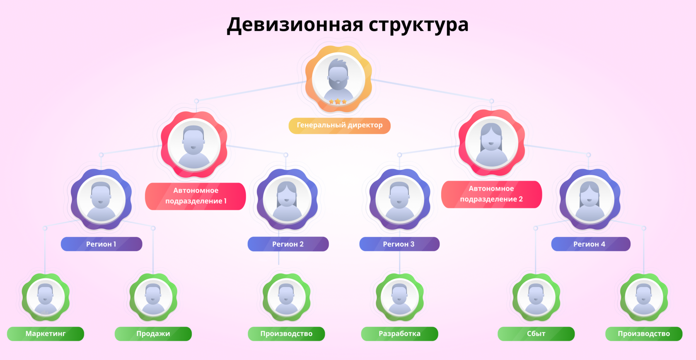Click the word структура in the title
click(x=418, y=24)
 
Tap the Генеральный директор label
click(x=339, y=125)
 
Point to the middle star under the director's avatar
click(x=338, y=101)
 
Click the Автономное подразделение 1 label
click(x=196, y=196)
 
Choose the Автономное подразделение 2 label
click(x=491, y=194)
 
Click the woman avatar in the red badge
click(x=491, y=143)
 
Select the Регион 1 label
click(x=101, y=244)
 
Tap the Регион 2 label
click(x=288, y=244)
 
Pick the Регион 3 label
click(x=399, y=244)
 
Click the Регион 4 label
click(x=590, y=244)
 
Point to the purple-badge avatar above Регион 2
click(x=287, y=199)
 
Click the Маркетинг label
click(x=46, y=333)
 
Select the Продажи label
click(x=153, y=333)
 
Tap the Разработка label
click(x=399, y=333)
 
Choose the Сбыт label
click(x=536, y=333)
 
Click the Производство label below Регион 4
click(x=644, y=333)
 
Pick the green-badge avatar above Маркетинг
click(x=46, y=297)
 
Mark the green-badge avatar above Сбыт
click(x=536, y=297)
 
